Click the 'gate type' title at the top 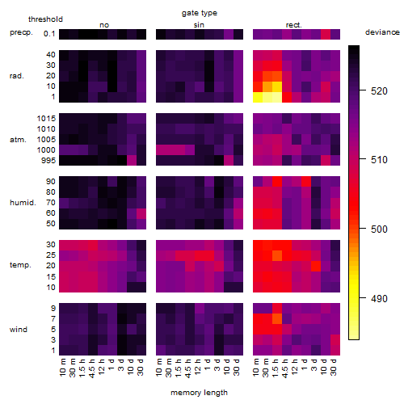point(200,13)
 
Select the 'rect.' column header point(294,25)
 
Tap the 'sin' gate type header point(199,25)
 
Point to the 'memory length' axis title point(200,393)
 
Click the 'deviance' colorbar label point(382,32)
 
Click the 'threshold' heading point(45,19)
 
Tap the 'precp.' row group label point(21,32)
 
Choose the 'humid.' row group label point(23,203)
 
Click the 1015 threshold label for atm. point(46,119)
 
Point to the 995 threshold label point(48,161)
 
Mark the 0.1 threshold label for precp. point(49,34)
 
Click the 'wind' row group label point(19,330)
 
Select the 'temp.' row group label point(20,265)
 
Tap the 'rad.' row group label point(17,76)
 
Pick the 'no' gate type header point(104,25)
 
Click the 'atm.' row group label point(18,140)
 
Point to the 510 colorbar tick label point(379,160)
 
